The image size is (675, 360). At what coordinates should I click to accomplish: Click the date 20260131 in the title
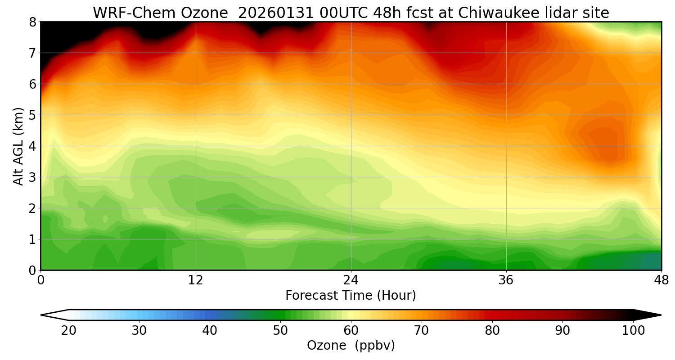pos(275,13)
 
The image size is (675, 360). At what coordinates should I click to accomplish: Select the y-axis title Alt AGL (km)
pos(18,146)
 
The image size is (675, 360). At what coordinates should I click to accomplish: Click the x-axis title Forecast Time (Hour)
pos(351,296)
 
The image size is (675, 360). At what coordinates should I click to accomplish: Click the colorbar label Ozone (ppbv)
pos(351,346)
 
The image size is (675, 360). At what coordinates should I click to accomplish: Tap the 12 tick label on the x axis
pos(196,280)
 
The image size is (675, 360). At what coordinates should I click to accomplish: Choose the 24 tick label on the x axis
pos(351,280)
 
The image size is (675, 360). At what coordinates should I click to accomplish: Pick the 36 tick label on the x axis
pos(506,280)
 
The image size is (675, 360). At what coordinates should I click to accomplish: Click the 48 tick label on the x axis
pos(661,280)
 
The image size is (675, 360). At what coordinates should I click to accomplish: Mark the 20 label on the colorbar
pos(68,331)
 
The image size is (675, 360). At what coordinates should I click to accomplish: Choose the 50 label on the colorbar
pos(280,331)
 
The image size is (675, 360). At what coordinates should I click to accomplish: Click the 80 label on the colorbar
pos(492,331)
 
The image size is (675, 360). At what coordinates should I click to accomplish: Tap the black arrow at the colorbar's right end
pos(648,315)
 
